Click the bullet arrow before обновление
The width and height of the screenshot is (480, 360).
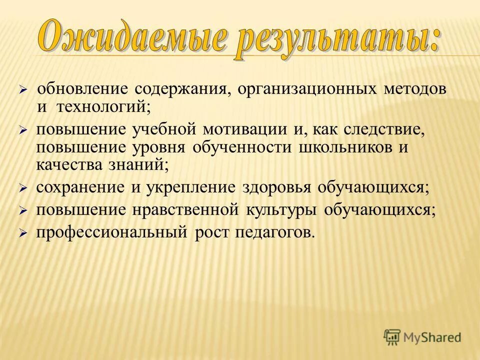[x=22, y=90]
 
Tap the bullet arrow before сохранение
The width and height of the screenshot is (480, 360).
[x=22, y=188]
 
